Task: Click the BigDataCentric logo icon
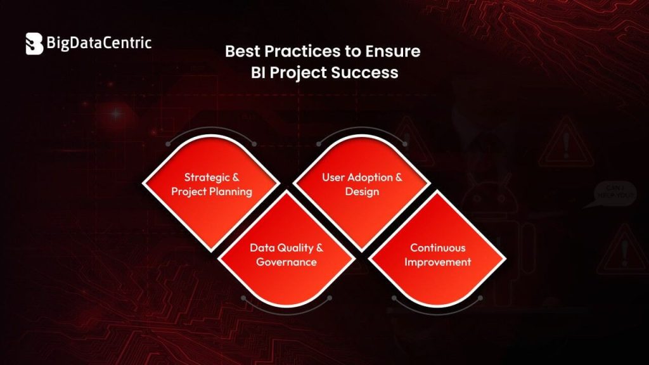(x=34, y=44)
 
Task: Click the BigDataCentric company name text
(x=98, y=43)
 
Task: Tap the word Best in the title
(x=242, y=51)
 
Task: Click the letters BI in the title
(x=260, y=72)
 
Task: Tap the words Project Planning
(x=211, y=191)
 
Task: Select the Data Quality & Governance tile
(x=286, y=253)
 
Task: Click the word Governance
(x=286, y=261)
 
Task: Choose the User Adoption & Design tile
(x=362, y=184)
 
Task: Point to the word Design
(x=362, y=191)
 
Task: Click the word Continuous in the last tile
(x=437, y=248)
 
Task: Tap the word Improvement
(x=437, y=262)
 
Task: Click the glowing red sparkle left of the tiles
(x=117, y=114)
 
